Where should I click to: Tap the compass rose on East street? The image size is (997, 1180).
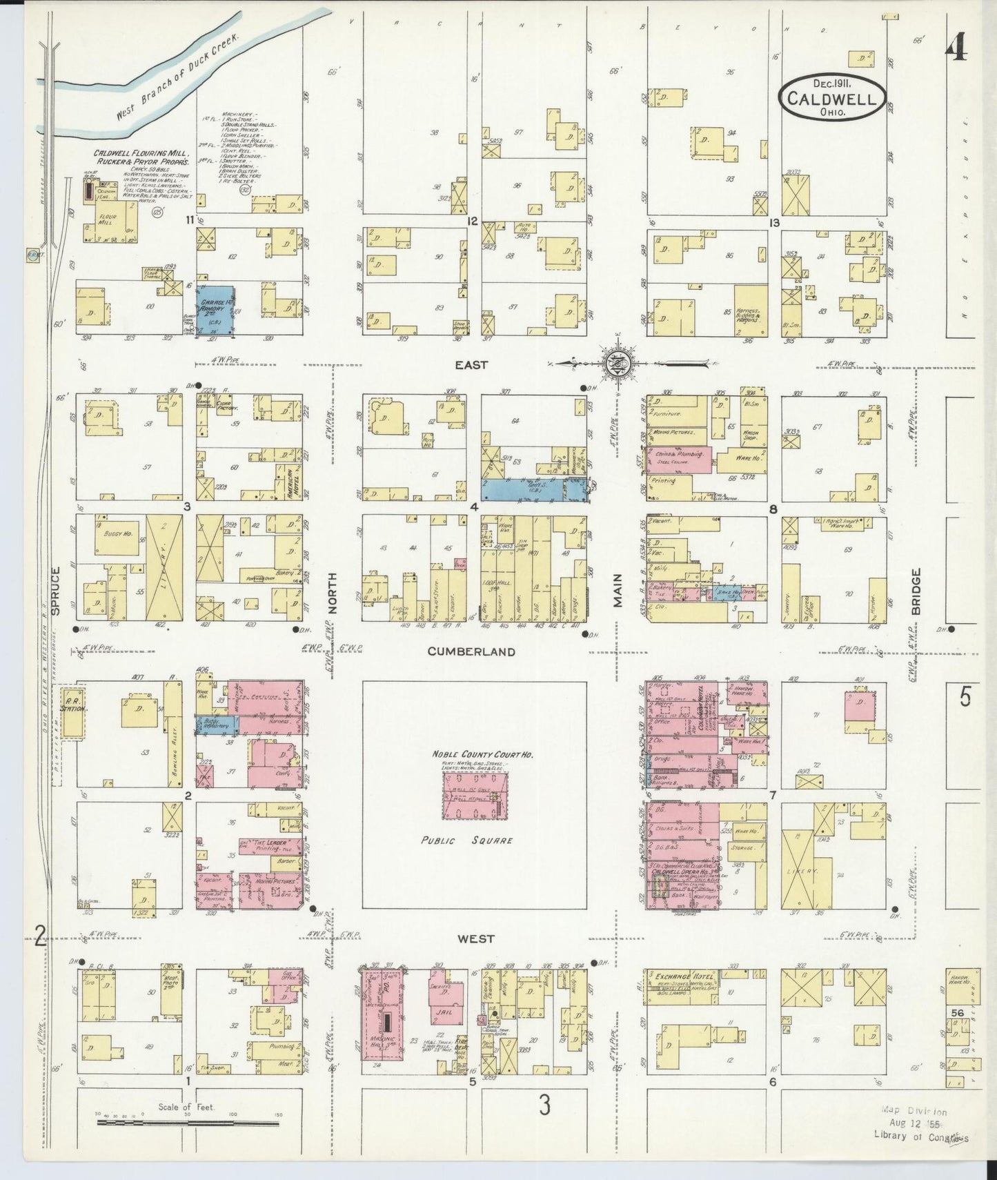613,362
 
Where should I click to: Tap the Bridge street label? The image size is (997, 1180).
916,591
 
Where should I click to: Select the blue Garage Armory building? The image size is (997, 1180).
215,312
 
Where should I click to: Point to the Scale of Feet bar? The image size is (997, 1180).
188,1123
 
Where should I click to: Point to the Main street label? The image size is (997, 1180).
618,591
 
